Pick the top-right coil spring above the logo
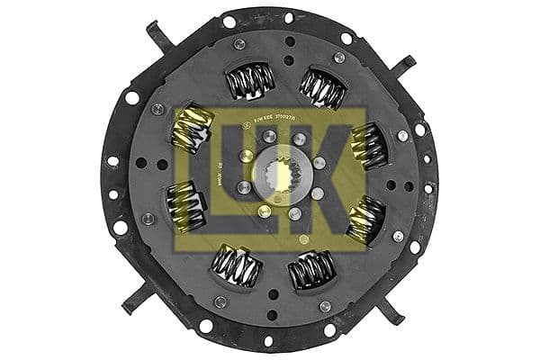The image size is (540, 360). click(x=321, y=86)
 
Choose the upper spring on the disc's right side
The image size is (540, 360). click(x=367, y=145)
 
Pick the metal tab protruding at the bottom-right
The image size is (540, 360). click(x=390, y=310)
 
